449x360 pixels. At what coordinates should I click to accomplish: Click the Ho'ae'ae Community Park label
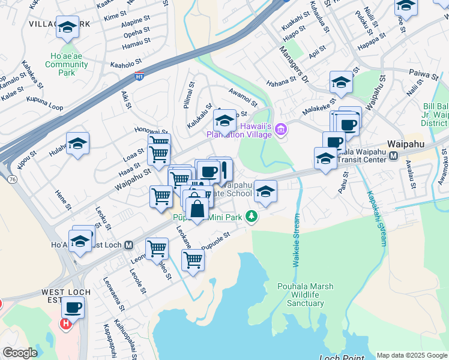pyautogui.click(x=66, y=64)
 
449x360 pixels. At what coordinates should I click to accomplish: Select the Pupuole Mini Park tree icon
pyautogui.click(x=253, y=216)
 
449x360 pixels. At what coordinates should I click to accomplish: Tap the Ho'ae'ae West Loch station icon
pyautogui.click(x=128, y=245)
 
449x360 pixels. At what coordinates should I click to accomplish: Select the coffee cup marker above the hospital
pyautogui.click(x=73, y=308)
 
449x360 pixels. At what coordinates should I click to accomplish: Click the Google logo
pyautogui.click(x=20, y=353)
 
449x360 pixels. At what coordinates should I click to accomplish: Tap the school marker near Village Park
pyautogui.click(x=67, y=27)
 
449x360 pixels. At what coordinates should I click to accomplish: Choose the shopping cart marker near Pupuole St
pyautogui.click(x=193, y=260)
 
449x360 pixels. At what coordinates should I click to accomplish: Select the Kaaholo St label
pyautogui.click(x=125, y=61)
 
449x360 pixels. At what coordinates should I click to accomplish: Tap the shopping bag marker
pyautogui.click(x=197, y=209)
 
